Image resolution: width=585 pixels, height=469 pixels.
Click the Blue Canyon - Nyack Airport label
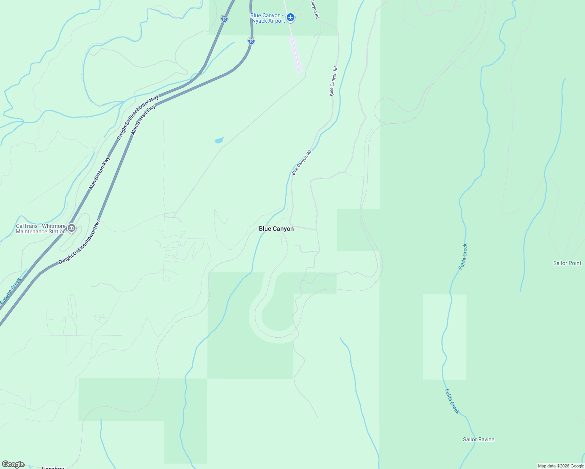[x=268, y=18]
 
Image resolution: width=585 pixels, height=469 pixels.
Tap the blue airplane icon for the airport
[x=290, y=17]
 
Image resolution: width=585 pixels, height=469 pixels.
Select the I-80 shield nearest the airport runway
[x=251, y=41]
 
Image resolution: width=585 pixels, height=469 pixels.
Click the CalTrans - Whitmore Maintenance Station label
[x=41, y=229]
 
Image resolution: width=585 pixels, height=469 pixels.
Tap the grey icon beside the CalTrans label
[x=71, y=228]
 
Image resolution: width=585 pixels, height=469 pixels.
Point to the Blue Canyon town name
[x=276, y=229]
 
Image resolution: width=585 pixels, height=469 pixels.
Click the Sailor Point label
[x=567, y=263]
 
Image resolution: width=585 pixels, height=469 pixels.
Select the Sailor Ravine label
[x=479, y=439]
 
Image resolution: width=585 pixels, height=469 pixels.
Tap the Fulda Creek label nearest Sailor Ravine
[x=452, y=401]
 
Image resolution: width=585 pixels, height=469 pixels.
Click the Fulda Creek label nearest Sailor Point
[x=463, y=256]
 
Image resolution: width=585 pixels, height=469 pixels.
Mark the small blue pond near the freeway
[x=219, y=140]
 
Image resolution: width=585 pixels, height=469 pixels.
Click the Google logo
[x=13, y=464]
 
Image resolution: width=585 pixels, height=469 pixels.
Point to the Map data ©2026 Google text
[x=561, y=466]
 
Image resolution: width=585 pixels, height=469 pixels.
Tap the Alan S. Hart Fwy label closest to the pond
[x=143, y=120]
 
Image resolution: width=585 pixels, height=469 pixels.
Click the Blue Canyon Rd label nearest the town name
[x=301, y=162]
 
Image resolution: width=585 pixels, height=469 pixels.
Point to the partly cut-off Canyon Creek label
[x=10, y=292]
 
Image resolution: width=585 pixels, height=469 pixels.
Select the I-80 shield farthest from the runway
[x=224, y=19]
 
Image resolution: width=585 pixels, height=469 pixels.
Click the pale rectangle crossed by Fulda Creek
[x=444, y=337]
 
